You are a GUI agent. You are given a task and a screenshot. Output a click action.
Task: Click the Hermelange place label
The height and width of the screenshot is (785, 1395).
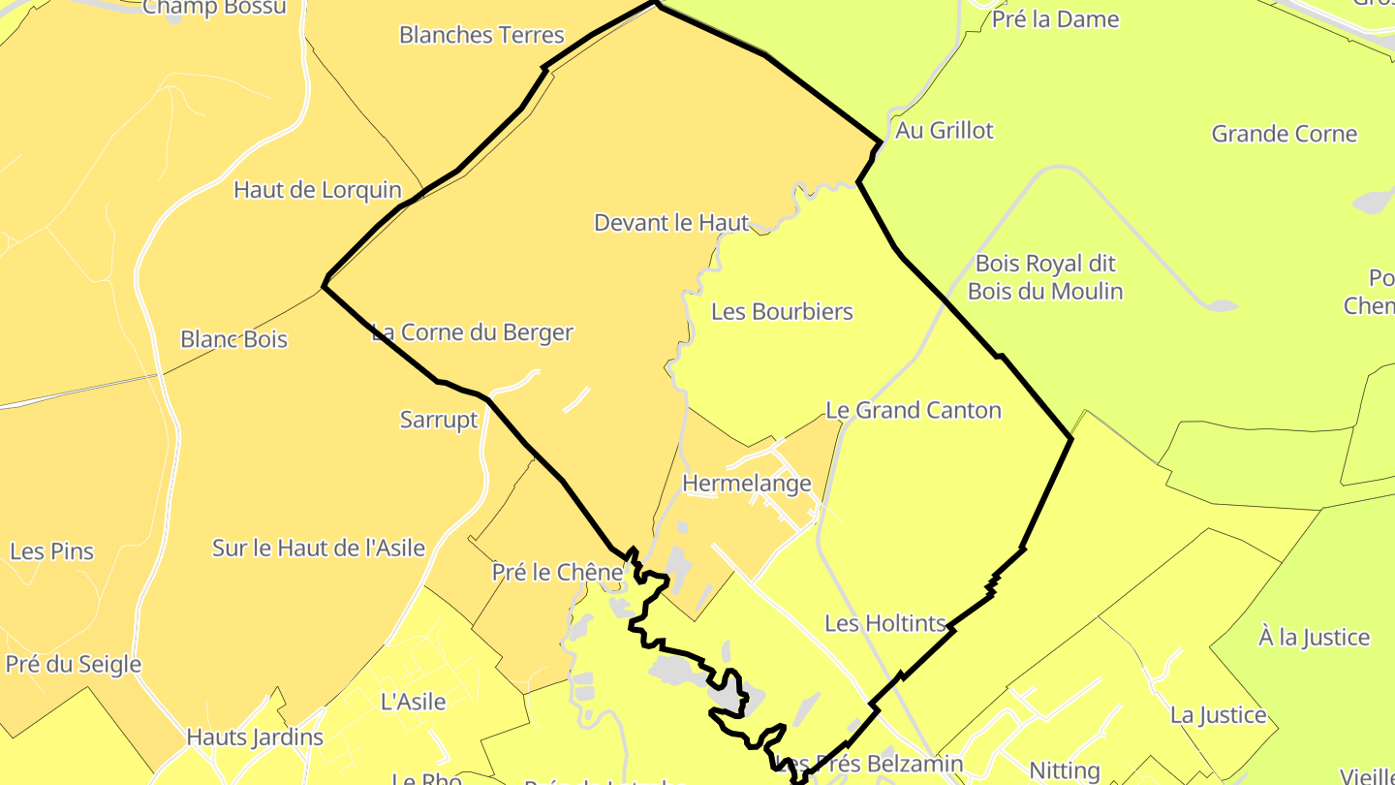pos(747,483)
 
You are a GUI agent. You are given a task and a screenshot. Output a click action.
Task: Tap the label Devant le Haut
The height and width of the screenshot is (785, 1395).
pos(671,223)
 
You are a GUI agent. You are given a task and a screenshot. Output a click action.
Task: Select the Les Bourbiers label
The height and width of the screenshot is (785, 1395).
pos(782,311)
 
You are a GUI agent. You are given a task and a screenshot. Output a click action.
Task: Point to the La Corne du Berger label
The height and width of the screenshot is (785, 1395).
pos(473,332)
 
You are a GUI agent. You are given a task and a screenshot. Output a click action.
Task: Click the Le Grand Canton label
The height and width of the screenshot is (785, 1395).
pos(913,410)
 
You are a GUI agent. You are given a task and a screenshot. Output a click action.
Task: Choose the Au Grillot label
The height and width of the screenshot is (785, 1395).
pos(945,130)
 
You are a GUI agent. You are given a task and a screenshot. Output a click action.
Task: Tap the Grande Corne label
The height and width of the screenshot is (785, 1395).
pos(1285,134)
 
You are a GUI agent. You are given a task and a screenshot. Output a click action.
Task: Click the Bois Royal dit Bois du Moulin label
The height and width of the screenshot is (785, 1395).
pos(1045,277)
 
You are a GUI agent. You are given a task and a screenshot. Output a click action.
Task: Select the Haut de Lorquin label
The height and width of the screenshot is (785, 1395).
pos(318,189)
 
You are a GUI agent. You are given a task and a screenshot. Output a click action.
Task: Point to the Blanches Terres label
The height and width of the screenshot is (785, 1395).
pos(481,35)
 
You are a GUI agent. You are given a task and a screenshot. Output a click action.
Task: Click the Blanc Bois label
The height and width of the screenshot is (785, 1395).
pos(233,339)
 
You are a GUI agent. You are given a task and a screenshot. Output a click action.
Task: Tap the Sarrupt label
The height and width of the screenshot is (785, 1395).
pos(440,420)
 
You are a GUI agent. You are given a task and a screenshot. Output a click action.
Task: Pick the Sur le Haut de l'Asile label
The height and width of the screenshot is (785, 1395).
pos(319,548)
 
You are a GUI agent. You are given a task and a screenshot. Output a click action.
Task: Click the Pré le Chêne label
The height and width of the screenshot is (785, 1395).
pos(557,572)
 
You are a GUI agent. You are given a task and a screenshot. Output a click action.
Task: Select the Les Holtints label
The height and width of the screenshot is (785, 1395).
pos(884,623)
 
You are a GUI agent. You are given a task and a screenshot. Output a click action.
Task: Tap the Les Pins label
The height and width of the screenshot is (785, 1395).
pos(52,551)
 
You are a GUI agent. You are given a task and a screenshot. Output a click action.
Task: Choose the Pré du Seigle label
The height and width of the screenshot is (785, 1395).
pos(74,664)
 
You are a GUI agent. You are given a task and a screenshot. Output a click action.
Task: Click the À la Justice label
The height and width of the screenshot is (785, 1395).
pos(1314,637)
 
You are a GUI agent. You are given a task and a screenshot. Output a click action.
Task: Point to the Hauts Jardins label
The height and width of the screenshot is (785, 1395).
pos(255,737)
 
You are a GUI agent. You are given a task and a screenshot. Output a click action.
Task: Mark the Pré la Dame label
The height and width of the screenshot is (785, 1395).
pos(1055,19)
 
